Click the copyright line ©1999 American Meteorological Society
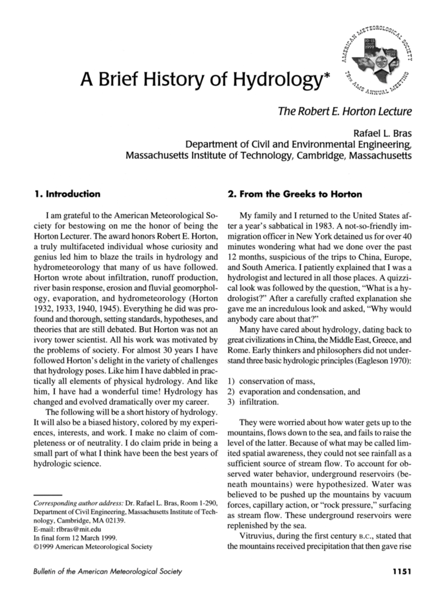pyautogui.click(x=93, y=547)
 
